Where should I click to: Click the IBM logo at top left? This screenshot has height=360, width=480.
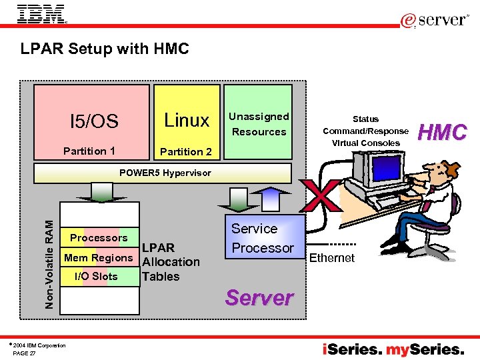click(x=41, y=14)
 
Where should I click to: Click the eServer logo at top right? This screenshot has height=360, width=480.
click(x=435, y=21)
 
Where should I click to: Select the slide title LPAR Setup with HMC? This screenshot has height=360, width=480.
click(x=105, y=49)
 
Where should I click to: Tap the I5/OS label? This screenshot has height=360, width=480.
click(x=94, y=121)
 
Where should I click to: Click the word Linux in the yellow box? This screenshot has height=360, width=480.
click(x=187, y=120)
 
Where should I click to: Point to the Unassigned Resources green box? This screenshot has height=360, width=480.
click(x=259, y=123)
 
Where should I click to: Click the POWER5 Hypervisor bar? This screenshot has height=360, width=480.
click(x=165, y=173)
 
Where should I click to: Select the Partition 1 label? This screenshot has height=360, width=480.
click(x=89, y=151)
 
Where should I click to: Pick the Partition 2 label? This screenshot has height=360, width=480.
click(x=186, y=151)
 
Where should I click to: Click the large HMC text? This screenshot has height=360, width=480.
click(x=442, y=132)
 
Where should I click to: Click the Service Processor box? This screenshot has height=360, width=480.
click(x=263, y=238)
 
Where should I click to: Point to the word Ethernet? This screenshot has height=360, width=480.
click(x=332, y=258)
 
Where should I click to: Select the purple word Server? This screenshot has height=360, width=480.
click(x=259, y=297)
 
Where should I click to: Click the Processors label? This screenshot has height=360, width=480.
click(x=99, y=238)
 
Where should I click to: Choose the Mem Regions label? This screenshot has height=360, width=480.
click(x=99, y=257)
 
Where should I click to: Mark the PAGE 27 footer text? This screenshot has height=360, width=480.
click(x=25, y=353)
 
